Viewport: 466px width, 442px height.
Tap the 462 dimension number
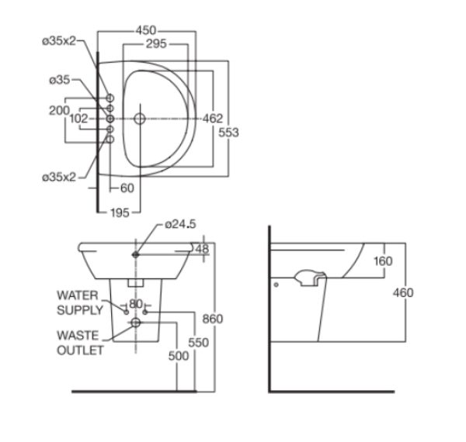pos(213,119)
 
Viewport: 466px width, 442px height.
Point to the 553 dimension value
pos(228,133)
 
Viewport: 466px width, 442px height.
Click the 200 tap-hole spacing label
pos(58,111)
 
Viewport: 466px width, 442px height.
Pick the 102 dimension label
pos(78,119)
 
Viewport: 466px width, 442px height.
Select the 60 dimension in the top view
pos(126,188)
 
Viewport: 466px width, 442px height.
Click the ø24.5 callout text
pos(179,225)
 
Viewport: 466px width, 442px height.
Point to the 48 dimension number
pos(202,249)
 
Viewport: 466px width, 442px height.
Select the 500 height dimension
pos(179,356)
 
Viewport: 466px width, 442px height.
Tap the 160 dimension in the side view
pos(383,261)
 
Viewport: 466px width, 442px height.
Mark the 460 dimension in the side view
pos(403,292)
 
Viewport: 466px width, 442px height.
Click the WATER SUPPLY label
pos(80,302)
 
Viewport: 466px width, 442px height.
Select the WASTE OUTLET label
pos(80,343)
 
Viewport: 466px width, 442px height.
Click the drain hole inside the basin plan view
pos(139,119)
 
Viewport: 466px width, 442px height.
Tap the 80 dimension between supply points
pos(136,304)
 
